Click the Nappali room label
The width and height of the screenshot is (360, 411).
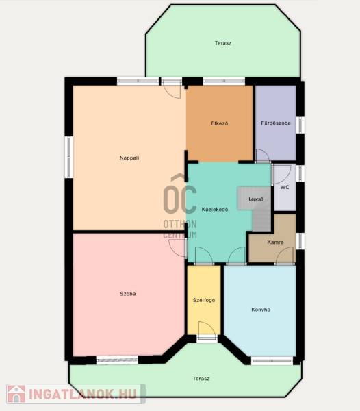(129, 158)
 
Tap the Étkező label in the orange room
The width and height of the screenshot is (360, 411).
(220, 123)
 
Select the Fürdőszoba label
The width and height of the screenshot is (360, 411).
(276, 123)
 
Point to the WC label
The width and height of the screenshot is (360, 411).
(285, 187)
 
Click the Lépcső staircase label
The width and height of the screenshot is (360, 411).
(256, 199)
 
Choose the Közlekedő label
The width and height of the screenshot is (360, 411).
(215, 210)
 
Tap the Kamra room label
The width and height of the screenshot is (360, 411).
(275, 242)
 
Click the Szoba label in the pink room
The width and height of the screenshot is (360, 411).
(128, 294)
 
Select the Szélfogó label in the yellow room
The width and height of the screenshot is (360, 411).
(204, 301)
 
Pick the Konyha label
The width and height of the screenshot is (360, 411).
(261, 310)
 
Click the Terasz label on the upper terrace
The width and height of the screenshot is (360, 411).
(223, 43)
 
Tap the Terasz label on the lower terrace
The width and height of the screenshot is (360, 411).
(201, 379)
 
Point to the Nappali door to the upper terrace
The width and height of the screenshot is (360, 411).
(172, 88)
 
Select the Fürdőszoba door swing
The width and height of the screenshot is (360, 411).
(263, 155)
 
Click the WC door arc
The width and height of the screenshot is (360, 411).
(281, 174)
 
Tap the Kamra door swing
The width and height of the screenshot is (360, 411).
(284, 256)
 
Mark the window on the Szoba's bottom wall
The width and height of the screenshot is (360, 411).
(117, 360)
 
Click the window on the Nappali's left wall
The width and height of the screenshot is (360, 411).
(69, 157)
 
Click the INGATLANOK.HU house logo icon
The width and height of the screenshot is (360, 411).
(16, 394)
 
